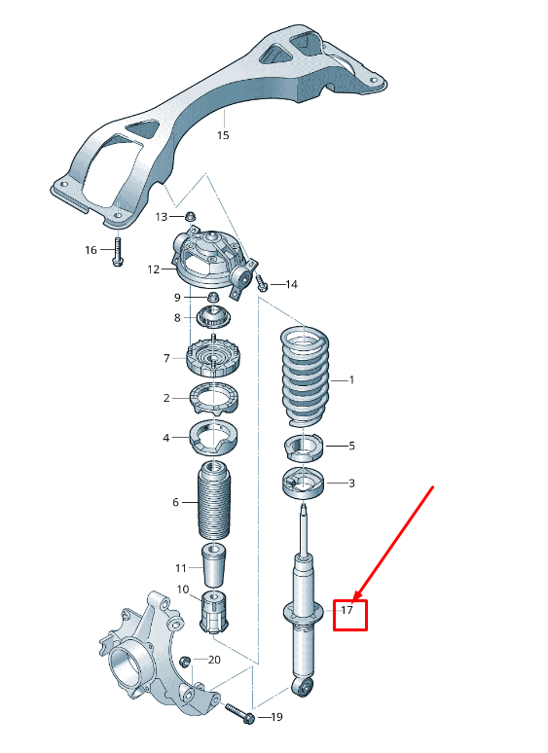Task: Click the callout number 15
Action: [x=223, y=135]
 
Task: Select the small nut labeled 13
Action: [x=191, y=216]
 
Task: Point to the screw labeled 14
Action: [x=262, y=284]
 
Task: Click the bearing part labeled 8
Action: [x=212, y=317]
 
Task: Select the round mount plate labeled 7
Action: [x=212, y=359]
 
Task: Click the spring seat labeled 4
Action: [x=212, y=438]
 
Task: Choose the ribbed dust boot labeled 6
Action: [x=214, y=501]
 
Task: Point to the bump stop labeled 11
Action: [x=214, y=565]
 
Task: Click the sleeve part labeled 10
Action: [x=212, y=610]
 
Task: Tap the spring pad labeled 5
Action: [x=304, y=448]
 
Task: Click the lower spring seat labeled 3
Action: [x=305, y=484]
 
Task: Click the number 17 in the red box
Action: [x=347, y=611]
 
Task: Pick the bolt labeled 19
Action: [x=239, y=714]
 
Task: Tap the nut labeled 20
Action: [x=186, y=662]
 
